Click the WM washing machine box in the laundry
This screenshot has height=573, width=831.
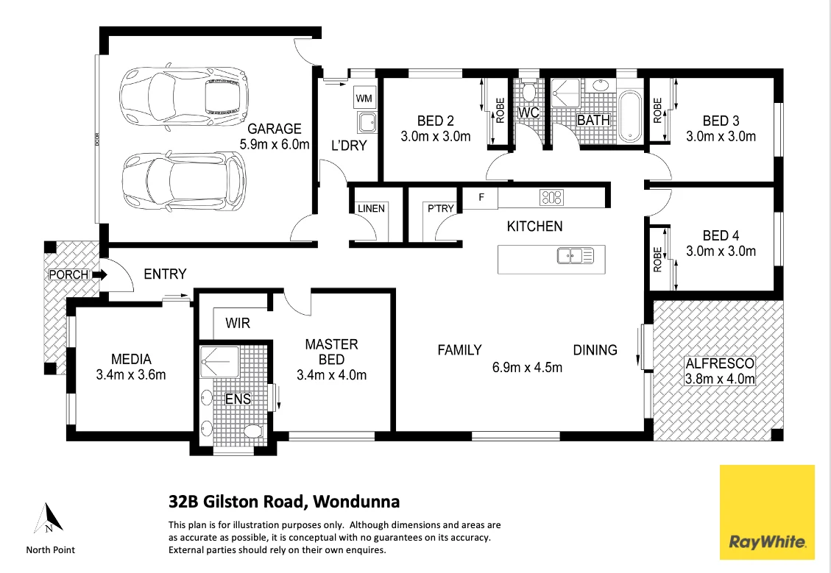364,98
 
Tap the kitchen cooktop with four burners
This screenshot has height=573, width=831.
551,197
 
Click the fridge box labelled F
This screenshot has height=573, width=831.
481,198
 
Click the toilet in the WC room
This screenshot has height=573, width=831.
527,93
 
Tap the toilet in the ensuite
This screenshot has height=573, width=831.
252,430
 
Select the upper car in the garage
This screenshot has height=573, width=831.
183,96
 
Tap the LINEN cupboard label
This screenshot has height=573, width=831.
371,209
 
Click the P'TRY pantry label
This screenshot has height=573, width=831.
441,209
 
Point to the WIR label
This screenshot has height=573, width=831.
238,322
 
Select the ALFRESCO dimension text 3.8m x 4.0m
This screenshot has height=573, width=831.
720,380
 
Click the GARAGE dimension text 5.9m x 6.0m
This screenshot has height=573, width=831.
275,144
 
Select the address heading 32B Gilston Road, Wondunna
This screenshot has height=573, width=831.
284,502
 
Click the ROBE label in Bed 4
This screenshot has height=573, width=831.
657,259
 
